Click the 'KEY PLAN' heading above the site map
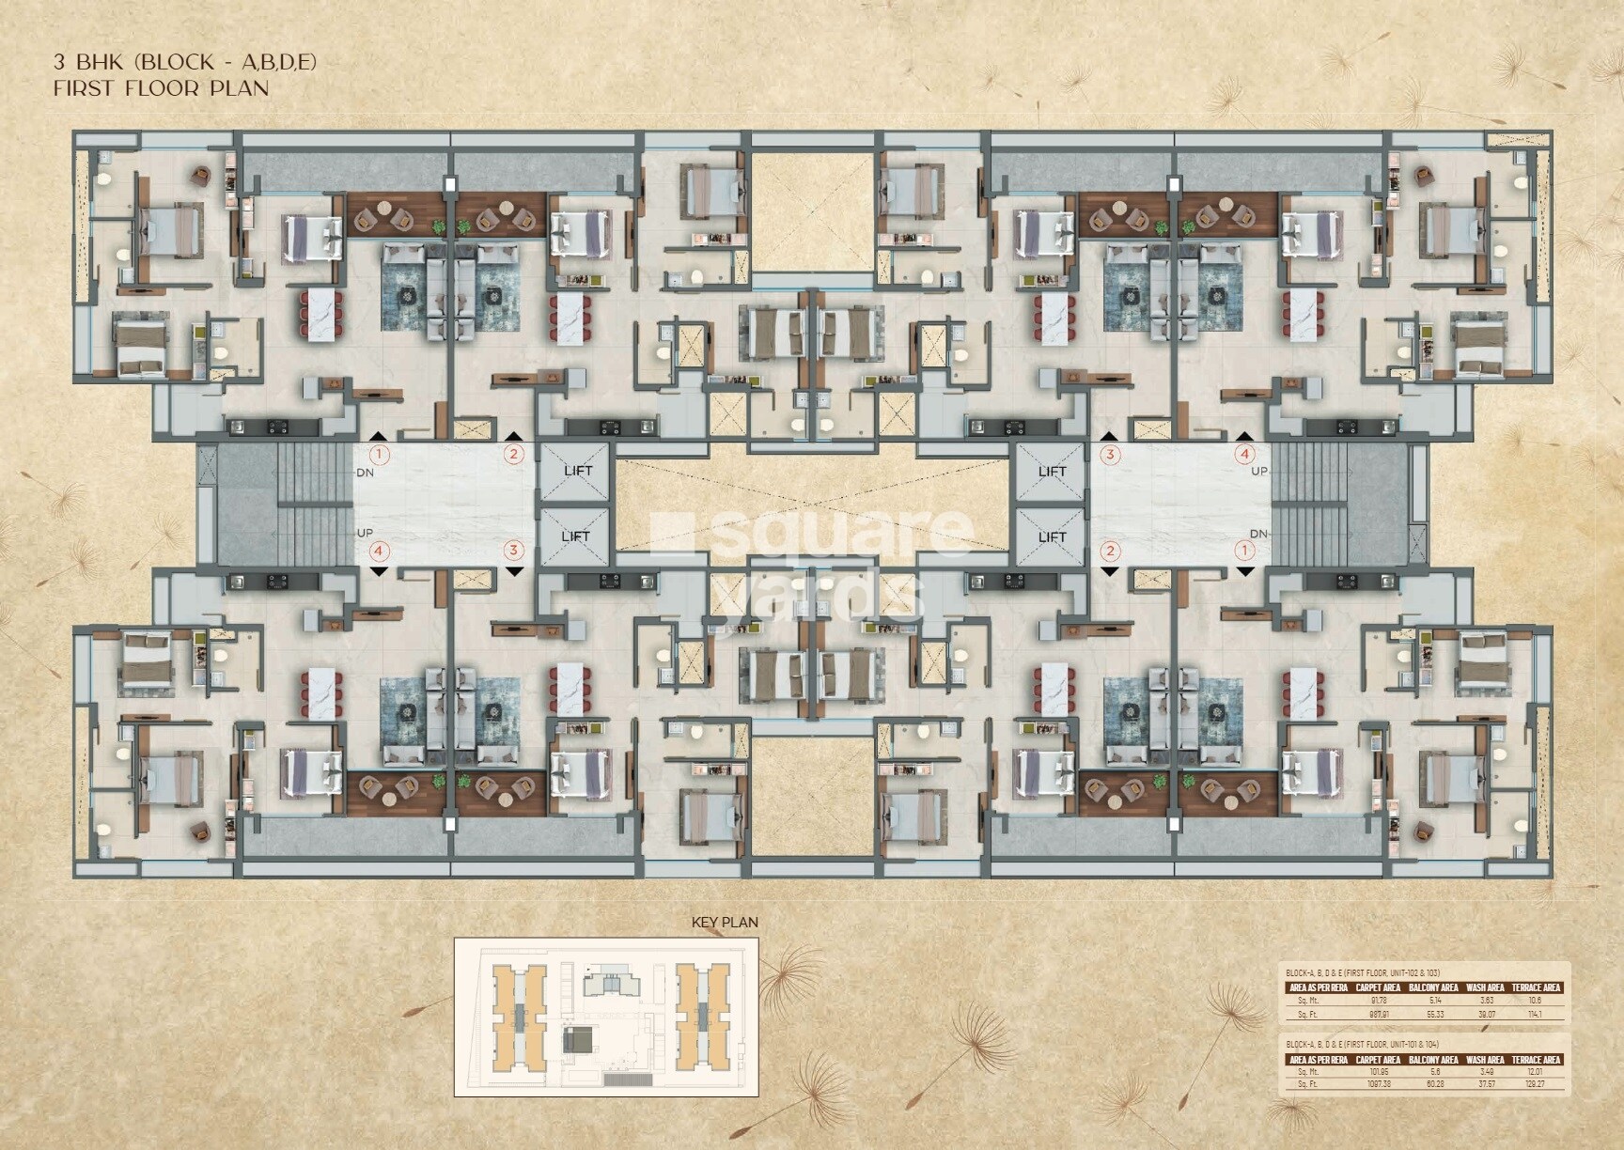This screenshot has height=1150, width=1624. click(724, 923)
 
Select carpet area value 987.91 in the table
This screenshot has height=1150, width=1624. click(1379, 1015)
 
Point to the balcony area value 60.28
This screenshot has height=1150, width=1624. click(1435, 1084)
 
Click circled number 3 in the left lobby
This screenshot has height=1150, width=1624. click(513, 551)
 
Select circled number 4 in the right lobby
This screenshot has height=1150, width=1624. click(1245, 454)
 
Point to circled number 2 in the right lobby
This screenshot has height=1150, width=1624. click(1111, 551)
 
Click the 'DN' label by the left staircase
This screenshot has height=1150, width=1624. click(366, 473)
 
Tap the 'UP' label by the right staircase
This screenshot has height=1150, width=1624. click(1259, 471)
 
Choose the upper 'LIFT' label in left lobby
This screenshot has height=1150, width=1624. click(578, 471)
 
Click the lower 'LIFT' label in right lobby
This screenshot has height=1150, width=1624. click(1052, 536)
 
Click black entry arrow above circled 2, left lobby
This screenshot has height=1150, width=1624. click(513, 437)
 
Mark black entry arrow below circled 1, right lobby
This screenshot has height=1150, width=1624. click(1245, 570)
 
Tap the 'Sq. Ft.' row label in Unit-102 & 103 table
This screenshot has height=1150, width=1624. click(1307, 1015)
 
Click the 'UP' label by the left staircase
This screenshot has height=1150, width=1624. click(366, 533)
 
